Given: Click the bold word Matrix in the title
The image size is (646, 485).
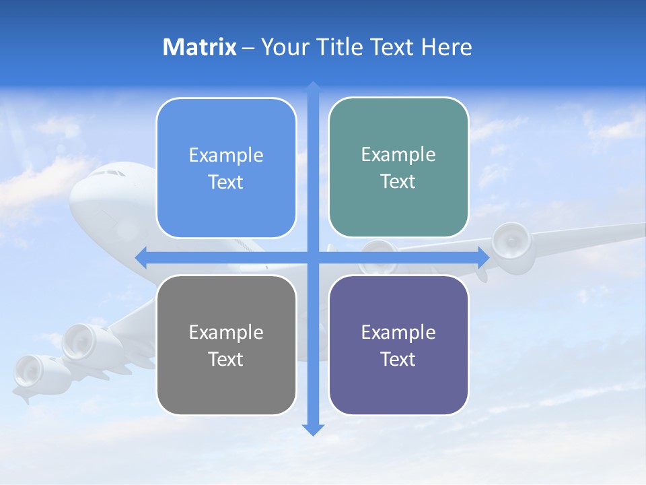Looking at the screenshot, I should click(x=199, y=47).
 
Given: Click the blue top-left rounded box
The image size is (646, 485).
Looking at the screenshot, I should click(x=226, y=168).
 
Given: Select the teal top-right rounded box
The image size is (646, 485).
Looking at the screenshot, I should click(x=398, y=167).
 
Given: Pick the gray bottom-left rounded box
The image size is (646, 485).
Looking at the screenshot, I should click(x=226, y=345).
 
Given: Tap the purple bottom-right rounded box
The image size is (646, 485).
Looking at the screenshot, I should click(x=398, y=345).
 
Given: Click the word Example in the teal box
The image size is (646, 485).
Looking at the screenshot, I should click(x=398, y=154).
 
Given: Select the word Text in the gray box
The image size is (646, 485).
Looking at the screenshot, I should click(x=226, y=359).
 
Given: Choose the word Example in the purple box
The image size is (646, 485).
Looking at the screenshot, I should click(x=398, y=332).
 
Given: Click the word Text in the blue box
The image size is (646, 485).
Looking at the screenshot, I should click(x=226, y=183).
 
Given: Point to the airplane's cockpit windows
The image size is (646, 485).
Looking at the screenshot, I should click(x=108, y=173).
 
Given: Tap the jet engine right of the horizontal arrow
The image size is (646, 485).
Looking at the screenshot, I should click(x=511, y=246).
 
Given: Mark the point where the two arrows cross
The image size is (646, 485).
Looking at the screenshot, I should click(x=313, y=257).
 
